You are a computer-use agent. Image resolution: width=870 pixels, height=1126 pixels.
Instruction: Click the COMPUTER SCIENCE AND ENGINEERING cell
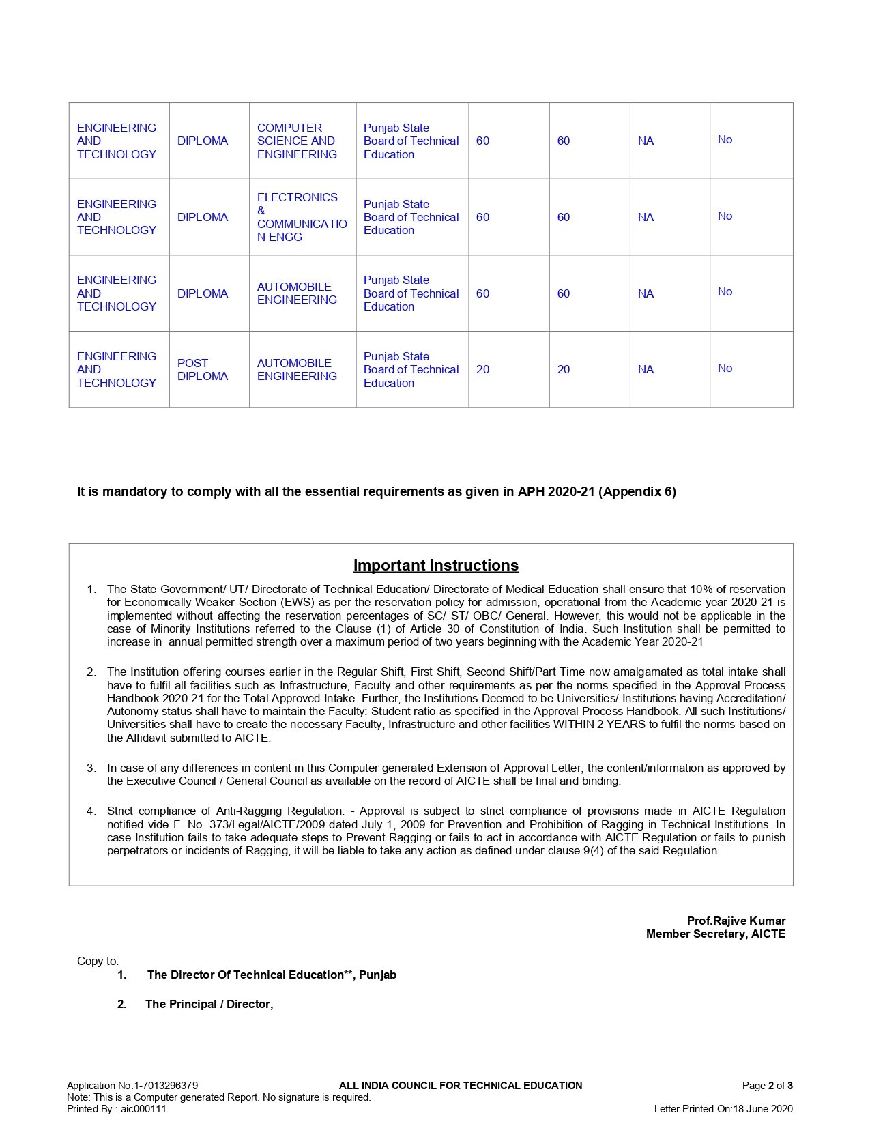coord(297,141)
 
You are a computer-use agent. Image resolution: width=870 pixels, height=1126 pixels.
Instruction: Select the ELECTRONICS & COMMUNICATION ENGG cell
coord(302,217)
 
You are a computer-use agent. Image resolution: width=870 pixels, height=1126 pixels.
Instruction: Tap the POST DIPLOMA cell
coord(202,370)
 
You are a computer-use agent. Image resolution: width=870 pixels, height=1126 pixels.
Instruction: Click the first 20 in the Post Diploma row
coord(482,370)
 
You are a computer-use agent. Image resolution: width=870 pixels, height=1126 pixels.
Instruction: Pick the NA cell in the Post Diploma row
coord(646,370)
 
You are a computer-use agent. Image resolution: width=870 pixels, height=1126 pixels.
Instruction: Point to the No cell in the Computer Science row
coord(725,140)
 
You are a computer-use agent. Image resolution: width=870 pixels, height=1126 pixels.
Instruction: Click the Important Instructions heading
coord(435,566)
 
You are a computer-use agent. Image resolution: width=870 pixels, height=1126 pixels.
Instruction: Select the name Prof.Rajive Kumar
coord(736,921)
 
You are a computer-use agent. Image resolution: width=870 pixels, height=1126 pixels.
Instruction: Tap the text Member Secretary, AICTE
coord(715,934)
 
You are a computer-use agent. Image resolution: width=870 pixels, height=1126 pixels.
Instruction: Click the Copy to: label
coord(98,962)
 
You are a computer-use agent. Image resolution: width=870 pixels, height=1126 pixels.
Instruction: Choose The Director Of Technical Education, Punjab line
coord(272,975)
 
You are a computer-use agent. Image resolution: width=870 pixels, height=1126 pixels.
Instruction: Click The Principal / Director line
coord(209,1005)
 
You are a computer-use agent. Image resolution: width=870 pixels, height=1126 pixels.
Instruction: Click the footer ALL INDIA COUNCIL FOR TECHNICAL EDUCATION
coord(461,1086)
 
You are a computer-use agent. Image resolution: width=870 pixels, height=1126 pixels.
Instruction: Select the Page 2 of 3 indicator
coord(767,1086)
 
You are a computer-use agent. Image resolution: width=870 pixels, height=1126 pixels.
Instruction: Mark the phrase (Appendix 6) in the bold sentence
coord(637,492)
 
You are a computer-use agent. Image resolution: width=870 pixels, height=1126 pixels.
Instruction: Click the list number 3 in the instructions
coord(91,768)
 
